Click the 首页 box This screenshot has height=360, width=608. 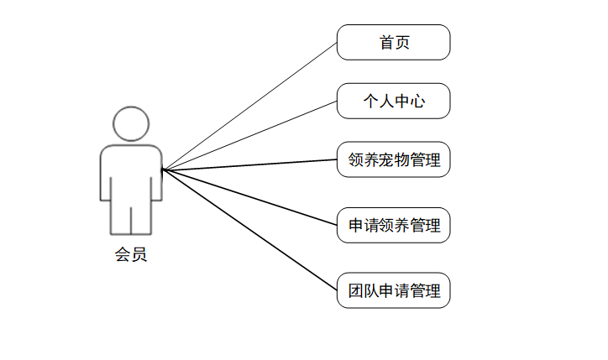tap(393, 42)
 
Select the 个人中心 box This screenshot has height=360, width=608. tap(393, 101)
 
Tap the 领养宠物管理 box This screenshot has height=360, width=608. tap(393, 159)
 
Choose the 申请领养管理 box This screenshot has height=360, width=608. tap(393, 225)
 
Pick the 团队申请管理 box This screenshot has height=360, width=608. tap(393, 291)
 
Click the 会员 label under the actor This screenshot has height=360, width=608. tap(131, 255)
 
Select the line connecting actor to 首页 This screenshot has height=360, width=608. tap(250, 106)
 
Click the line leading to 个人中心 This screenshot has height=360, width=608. tap(250, 135)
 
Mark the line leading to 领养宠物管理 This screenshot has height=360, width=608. tap(250, 164)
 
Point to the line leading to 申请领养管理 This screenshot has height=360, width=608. tap(250, 197)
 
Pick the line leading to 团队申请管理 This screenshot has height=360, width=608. tap(250, 231)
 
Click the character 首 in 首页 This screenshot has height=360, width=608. tap(386, 42)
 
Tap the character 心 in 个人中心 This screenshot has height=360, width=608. tap(418, 102)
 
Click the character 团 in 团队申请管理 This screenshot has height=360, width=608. tap(356, 291)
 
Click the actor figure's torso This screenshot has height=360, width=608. tap(131, 172)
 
